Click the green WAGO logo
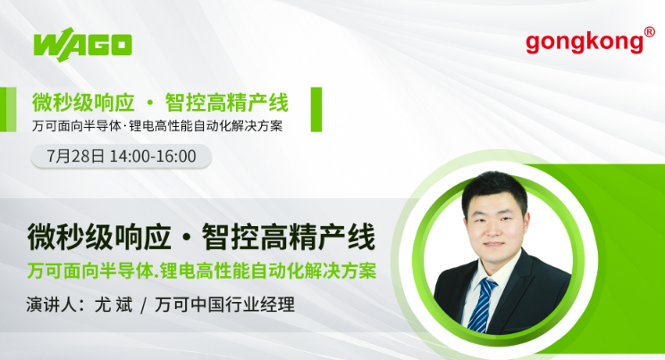pyautogui.click(x=83, y=45)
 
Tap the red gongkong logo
pyautogui.click(x=585, y=42)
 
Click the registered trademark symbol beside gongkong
pyautogui.click(x=649, y=32)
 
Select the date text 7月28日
pyautogui.click(x=75, y=156)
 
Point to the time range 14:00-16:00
pyautogui.click(x=153, y=156)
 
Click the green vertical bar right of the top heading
pyautogui.click(x=316, y=109)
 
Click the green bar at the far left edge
pyautogui.click(x=8, y=109)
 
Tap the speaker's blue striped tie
pyautogui.click(x=483, y=305)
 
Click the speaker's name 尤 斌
pyautogui.click(x=114, y=305)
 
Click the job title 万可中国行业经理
pyautogui.click(x=224, y=305)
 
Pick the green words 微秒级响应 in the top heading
pyautogui.click(x=83, y=103)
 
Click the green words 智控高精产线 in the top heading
pyautogui.click(x=227, y=103)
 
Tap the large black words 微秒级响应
pyautogui.click(x=99, y=237)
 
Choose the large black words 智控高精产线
pyautogui.click(x=289, y=237)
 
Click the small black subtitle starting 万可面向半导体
pyautogui.click(x=157, y=126)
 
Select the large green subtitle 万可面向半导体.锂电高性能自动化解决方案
pyautogui.click(x=202, y=271)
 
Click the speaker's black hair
pyautogui.click(x=494, y=187)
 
